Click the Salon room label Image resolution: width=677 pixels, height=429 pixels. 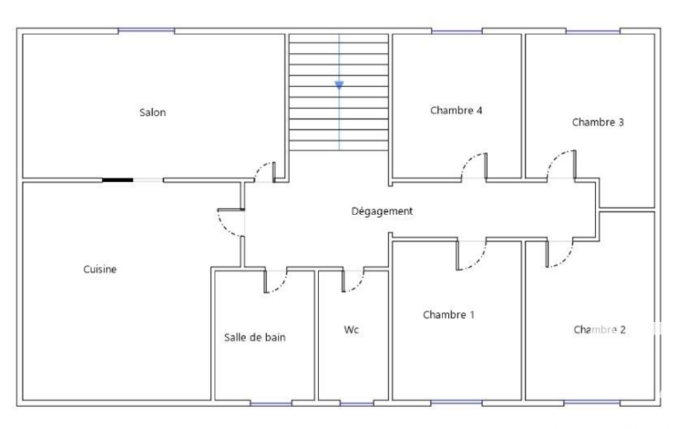click(153, 113)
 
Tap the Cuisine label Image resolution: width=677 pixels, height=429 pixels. click(100, 269)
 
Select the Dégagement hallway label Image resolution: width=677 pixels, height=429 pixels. click(382, 211)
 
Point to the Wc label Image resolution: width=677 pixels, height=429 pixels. click(351, 330)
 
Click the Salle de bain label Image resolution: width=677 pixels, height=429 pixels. click(255, 337)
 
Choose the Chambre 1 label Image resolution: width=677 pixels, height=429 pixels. click(448, 315)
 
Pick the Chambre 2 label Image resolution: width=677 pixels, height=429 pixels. click(599, 330)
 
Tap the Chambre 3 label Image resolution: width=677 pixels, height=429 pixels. click(598, 122)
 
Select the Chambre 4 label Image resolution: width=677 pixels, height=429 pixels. click(456, 110)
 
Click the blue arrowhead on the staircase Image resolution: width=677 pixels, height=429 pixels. click(339, 85)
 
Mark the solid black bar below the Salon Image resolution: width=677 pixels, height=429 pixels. click(118, 180)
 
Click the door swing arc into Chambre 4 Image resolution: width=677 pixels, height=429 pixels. click(470, 160)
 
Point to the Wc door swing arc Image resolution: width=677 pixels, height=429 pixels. click(357, 285)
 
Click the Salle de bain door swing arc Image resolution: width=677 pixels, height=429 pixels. click(280, 286)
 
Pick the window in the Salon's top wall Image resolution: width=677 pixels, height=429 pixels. click(147, 30)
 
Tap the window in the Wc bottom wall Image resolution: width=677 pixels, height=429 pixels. click(357, 403)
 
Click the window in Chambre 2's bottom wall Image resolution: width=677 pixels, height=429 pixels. click(592, 403)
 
